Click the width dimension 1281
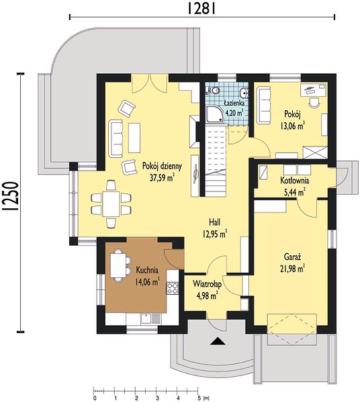point(201,9)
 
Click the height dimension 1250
point(11,196)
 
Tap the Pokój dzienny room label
point(162,167)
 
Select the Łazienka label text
point(234,103)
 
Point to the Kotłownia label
point(294,181)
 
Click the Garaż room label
point(292,257)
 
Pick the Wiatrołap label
point(208,285)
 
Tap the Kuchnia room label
point(147,271)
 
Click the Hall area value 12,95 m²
point(214,234)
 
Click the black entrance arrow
point(218,341)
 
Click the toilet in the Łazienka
point(214,91)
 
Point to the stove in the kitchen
point(173,288)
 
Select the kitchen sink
point(146,318)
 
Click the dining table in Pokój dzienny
point(111,204)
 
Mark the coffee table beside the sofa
point(134,138)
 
